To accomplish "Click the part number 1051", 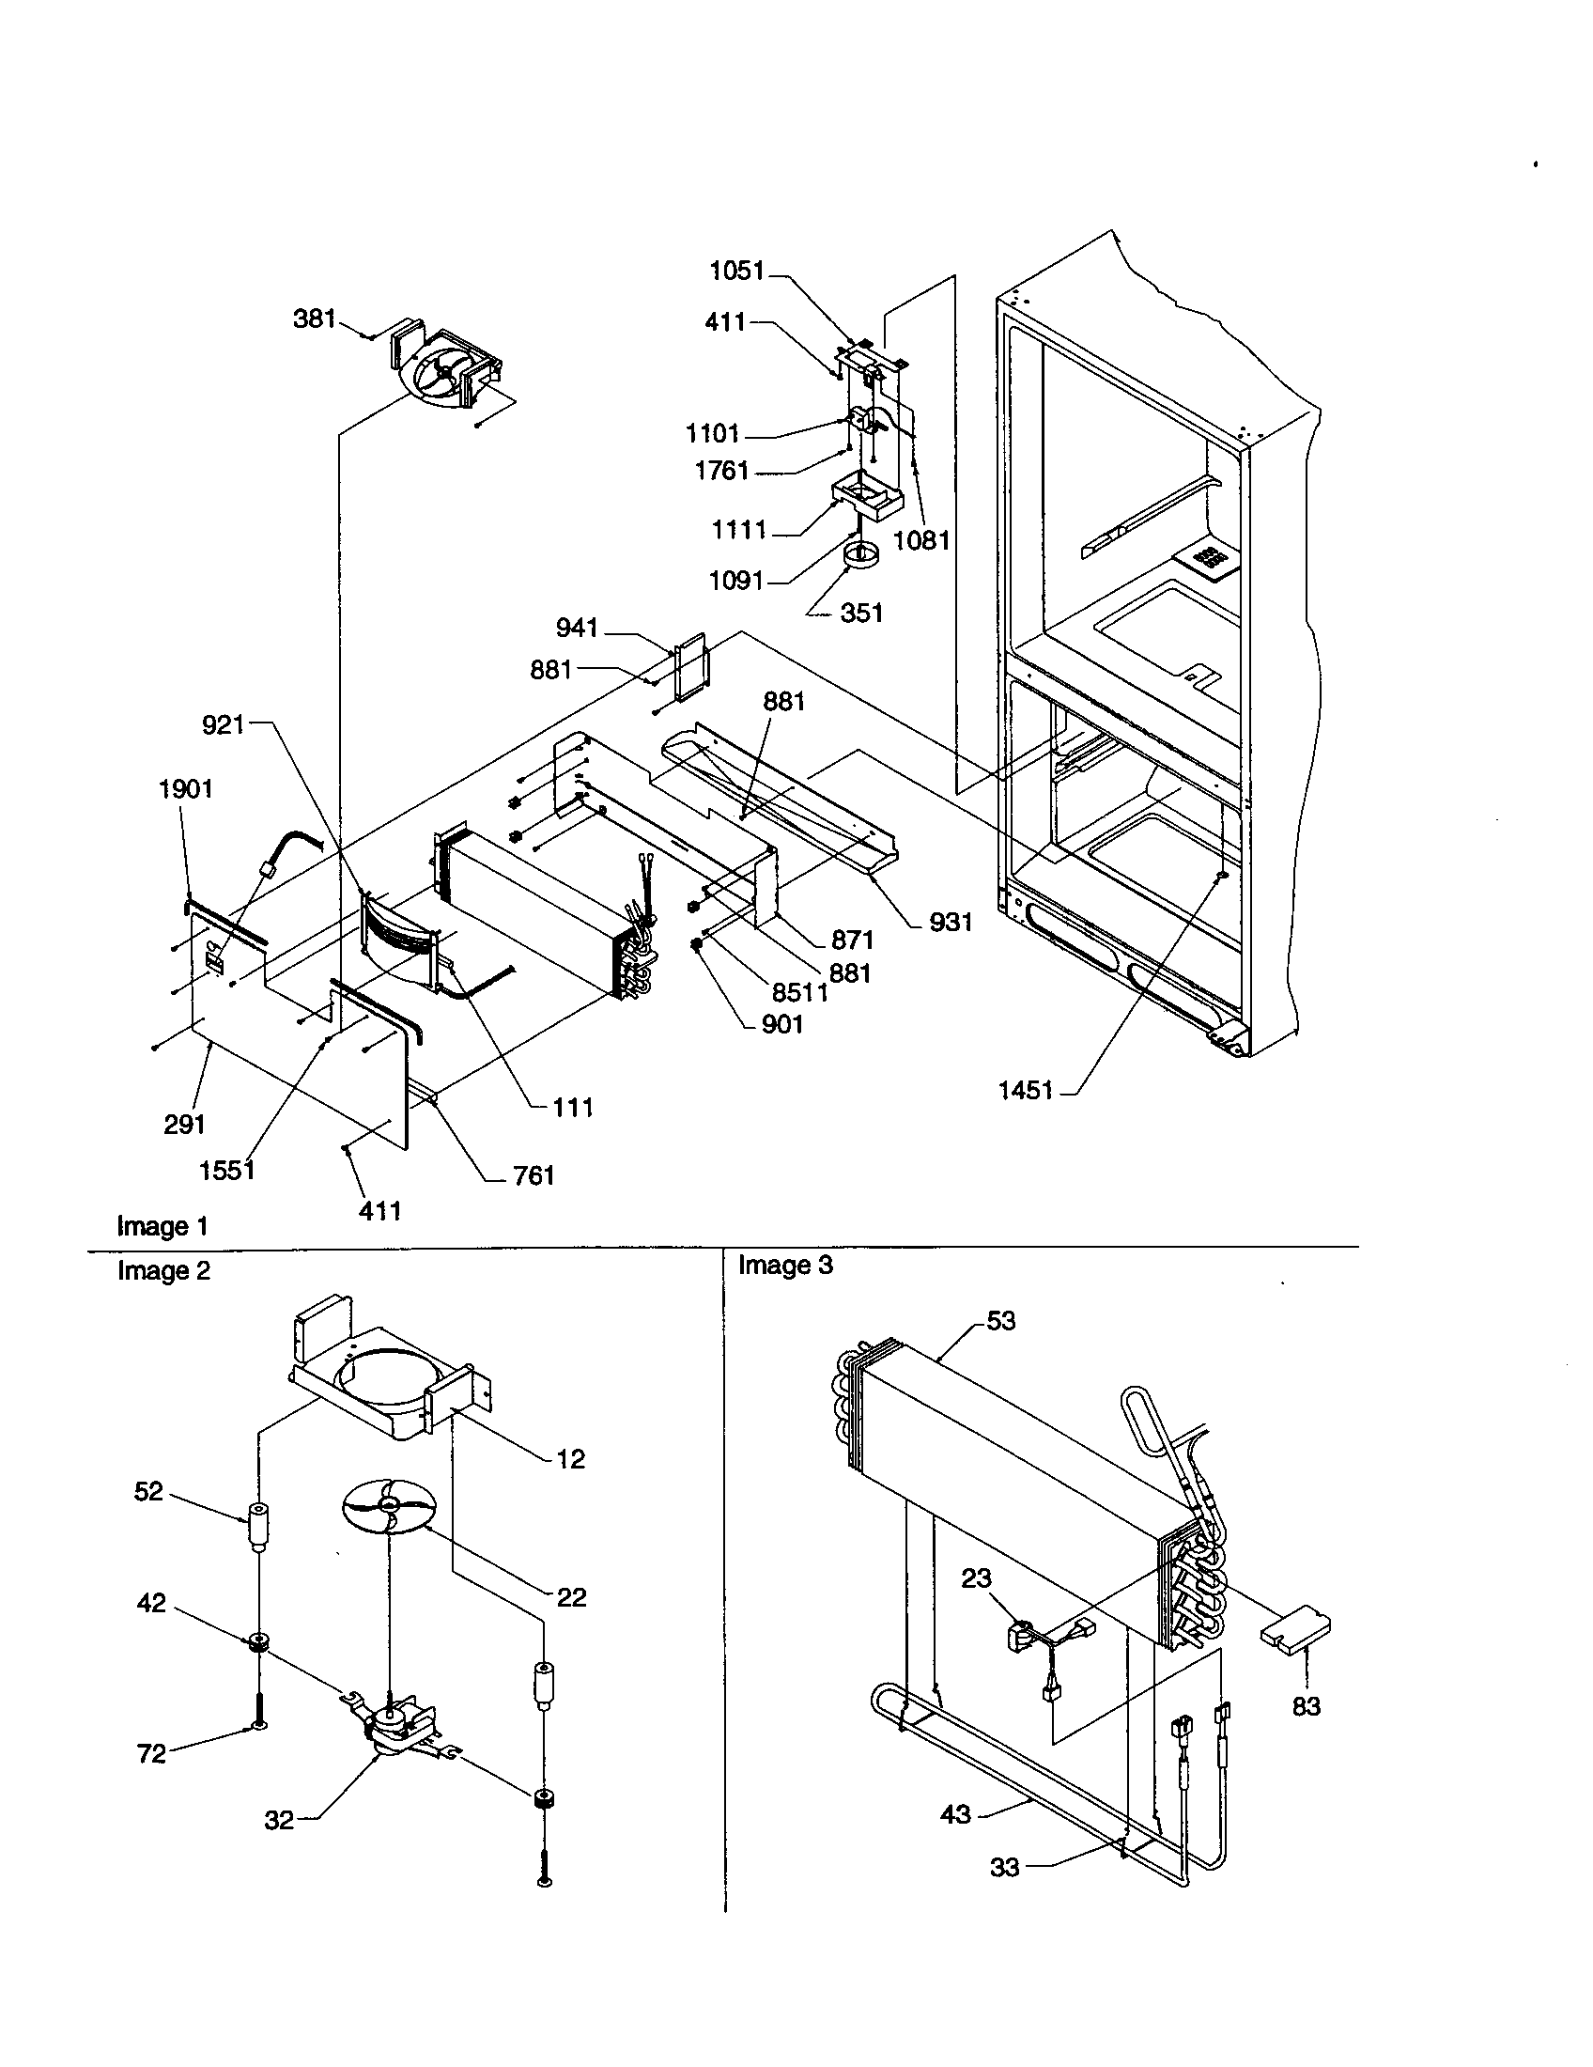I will [736, 271].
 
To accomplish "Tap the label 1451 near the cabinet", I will [1025, 1090].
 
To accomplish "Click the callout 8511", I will [799, 992].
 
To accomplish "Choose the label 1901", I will [184, 788].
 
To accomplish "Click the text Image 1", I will [162, 1226].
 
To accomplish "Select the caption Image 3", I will [785, 1266].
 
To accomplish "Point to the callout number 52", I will [148, 1491].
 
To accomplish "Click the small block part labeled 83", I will [1295, 1633].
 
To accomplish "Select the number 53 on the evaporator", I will [1001, 1320].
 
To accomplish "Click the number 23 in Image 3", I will [976, 1577].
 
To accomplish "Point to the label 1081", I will [920, 540].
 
